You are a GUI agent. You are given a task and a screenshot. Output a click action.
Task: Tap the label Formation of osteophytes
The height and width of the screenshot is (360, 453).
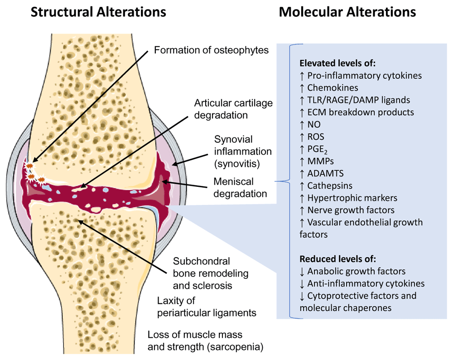211,50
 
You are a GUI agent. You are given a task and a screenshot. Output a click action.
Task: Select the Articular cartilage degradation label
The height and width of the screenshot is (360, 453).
233,109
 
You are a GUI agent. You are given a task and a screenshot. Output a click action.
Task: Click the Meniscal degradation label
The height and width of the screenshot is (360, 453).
240,188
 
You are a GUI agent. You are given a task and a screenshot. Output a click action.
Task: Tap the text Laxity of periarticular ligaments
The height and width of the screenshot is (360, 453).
207,307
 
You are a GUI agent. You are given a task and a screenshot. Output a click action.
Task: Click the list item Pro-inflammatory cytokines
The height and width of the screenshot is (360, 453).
361,76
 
